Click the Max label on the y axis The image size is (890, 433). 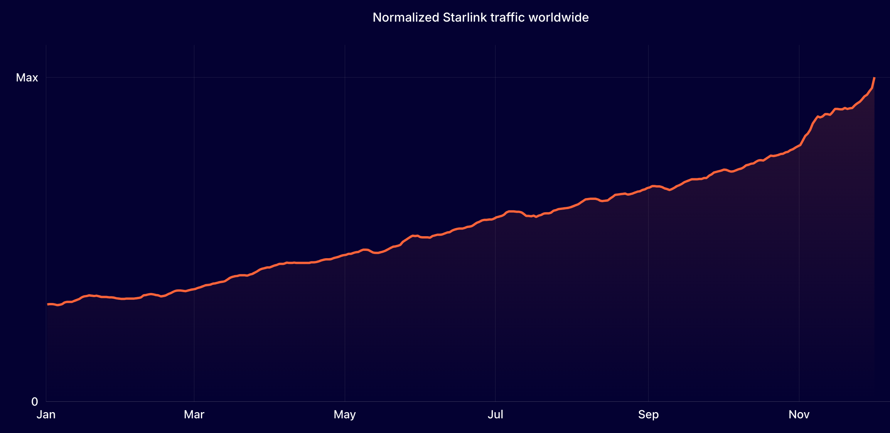[27, 78]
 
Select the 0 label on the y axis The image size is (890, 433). [35, 402]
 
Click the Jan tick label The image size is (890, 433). [46, 414]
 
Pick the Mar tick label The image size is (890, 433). [194, 414]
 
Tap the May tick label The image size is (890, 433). [345, 414]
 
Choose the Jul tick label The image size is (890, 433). [495, 414]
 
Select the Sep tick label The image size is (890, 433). [648, 414]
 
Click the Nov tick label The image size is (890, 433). [799, 414]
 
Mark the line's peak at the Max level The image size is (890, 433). [874, 78]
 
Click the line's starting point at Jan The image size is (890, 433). [47, 304]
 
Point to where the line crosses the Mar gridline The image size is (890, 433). [194, 289]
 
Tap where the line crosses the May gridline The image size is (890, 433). [345, 255]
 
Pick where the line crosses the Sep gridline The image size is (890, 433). [648, 188]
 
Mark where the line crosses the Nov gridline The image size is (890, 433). [799, 145]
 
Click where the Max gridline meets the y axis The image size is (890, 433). [46, 78]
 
